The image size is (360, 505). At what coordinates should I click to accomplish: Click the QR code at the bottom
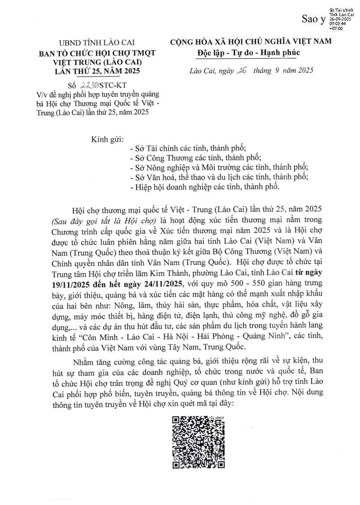[199, 442]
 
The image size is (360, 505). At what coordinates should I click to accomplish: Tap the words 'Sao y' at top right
[313, 19]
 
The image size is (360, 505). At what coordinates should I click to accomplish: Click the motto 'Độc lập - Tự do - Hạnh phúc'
[249, 52]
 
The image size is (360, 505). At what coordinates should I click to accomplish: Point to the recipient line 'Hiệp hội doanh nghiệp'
[207, 187]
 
